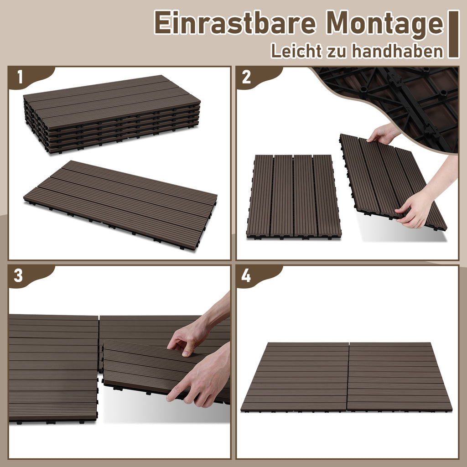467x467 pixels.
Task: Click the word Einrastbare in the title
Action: [235, 23]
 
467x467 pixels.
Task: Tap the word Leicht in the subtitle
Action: [296, 51]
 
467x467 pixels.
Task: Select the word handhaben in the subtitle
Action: [398, 51]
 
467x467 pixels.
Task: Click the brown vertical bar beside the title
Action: [454, 34]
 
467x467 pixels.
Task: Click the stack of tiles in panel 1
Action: [112, 114]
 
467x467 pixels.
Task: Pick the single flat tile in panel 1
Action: [120, 205]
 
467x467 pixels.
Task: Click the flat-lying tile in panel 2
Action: [294, 197]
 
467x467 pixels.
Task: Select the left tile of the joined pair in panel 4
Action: [295, 377]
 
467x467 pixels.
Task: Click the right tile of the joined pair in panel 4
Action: [400, 377]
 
